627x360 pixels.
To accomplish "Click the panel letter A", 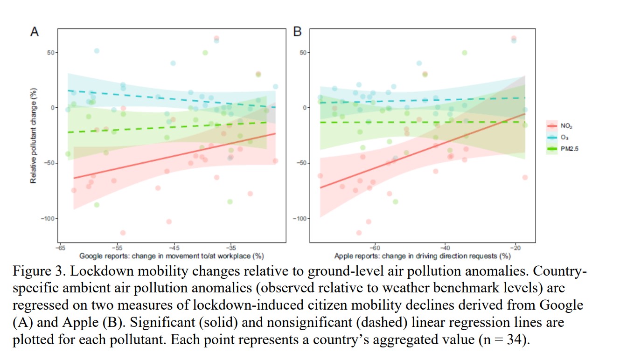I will click(34, 32).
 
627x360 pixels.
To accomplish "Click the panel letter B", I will click(297, 32).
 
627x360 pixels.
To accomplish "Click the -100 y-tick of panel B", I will click(300, 218).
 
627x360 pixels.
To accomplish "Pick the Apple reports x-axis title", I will click(422, 256).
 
